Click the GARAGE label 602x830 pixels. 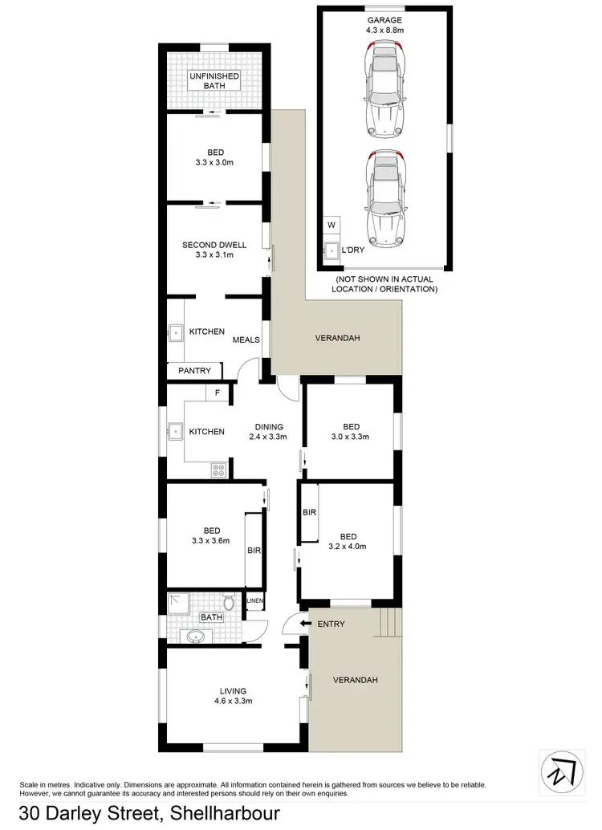coord(384,20)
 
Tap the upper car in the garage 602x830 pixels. coord(384,91)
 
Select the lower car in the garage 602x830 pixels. coord(384,201)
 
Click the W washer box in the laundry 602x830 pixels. coord(331,226)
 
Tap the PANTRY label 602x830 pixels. coord(195,371)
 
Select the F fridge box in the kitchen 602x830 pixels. coord(217,393)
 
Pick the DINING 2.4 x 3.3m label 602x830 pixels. coord(270,432)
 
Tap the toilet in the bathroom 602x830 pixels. coord(229,602)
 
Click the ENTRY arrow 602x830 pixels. coord(304,623)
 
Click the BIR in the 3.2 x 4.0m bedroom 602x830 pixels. coord(309,512)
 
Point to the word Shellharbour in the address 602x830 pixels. coord(222,813)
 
